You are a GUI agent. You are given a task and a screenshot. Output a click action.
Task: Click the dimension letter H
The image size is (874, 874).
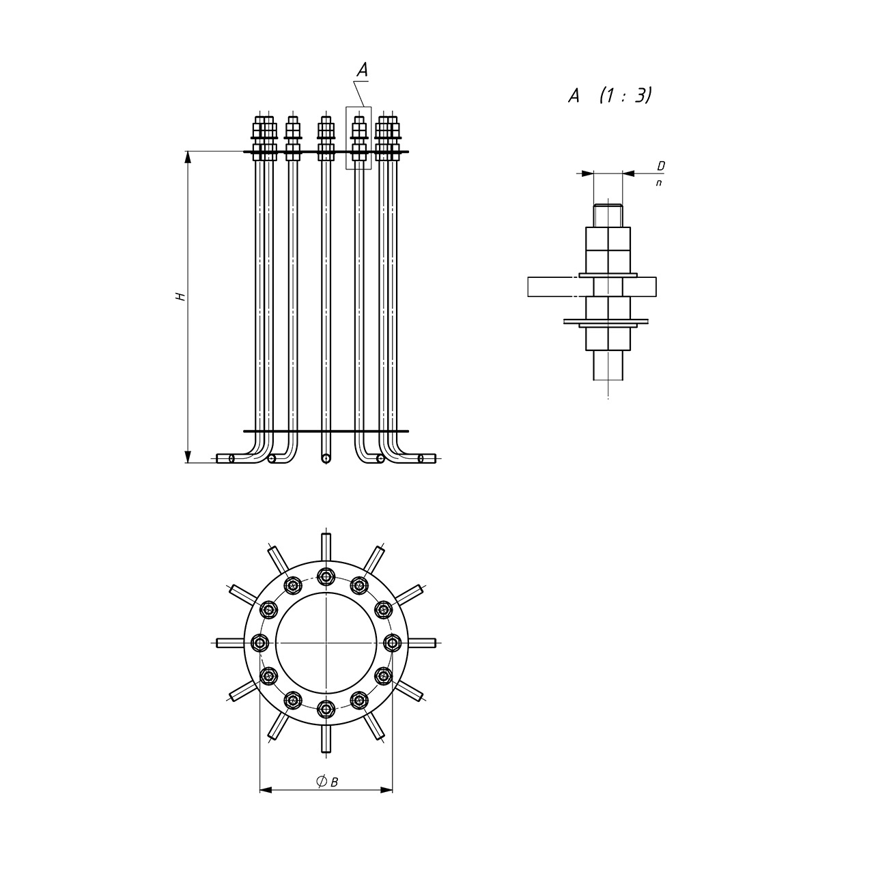pos(181,296)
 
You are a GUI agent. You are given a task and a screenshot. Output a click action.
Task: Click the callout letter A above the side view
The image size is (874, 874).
pos(362,70)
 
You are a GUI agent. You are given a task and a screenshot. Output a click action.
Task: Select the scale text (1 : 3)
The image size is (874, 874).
pos(625,95)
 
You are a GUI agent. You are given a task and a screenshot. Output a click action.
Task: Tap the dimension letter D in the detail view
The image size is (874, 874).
pos(661,167)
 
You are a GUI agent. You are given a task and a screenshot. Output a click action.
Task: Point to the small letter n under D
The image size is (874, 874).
pos(658,183)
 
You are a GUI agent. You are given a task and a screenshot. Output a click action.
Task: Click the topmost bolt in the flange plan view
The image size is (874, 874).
pos(326,576)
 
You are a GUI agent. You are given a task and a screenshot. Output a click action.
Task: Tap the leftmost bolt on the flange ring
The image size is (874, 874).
pos(260,643)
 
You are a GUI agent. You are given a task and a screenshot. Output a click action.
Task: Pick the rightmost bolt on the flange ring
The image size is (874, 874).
pos(393,643)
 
